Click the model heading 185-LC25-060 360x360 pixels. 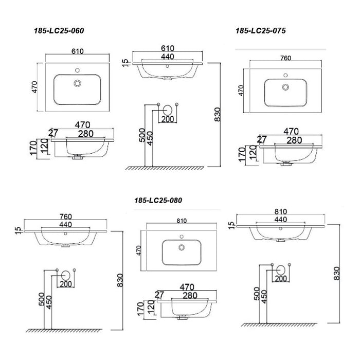click(x=59, y=31)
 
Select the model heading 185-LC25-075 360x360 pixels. click(x=261, y=31)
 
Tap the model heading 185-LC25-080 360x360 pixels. click(x=158, y=201)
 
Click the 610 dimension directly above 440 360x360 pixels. click(x=168, y=48)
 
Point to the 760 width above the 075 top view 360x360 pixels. click(x=285, y=58)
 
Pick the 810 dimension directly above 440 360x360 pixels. click(x=281, y=211)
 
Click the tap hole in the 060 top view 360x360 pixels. click(x=77, y=70)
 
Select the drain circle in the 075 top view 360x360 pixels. click(x=285, y=87)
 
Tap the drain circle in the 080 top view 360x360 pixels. click(x=182, y=247)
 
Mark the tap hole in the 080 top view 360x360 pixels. click(x=182, y=237)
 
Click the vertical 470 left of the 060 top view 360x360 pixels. click(x=34, y=87)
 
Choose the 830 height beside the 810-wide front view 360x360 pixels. click(x=336, y=273)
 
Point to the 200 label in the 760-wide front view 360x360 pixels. click(x=66, y=284)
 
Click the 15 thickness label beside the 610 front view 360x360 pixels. click(x=125, y=63)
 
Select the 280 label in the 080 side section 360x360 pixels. click(x=190, y=295)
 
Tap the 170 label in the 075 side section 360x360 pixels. click(x=242, y=154)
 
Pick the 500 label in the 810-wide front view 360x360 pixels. click(x=257, y=294)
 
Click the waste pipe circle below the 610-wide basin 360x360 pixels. click(x=168, y=110)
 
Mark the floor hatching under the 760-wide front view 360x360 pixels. click(x=64, y=331)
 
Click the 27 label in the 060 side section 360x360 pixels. click(x=53, y=133)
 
